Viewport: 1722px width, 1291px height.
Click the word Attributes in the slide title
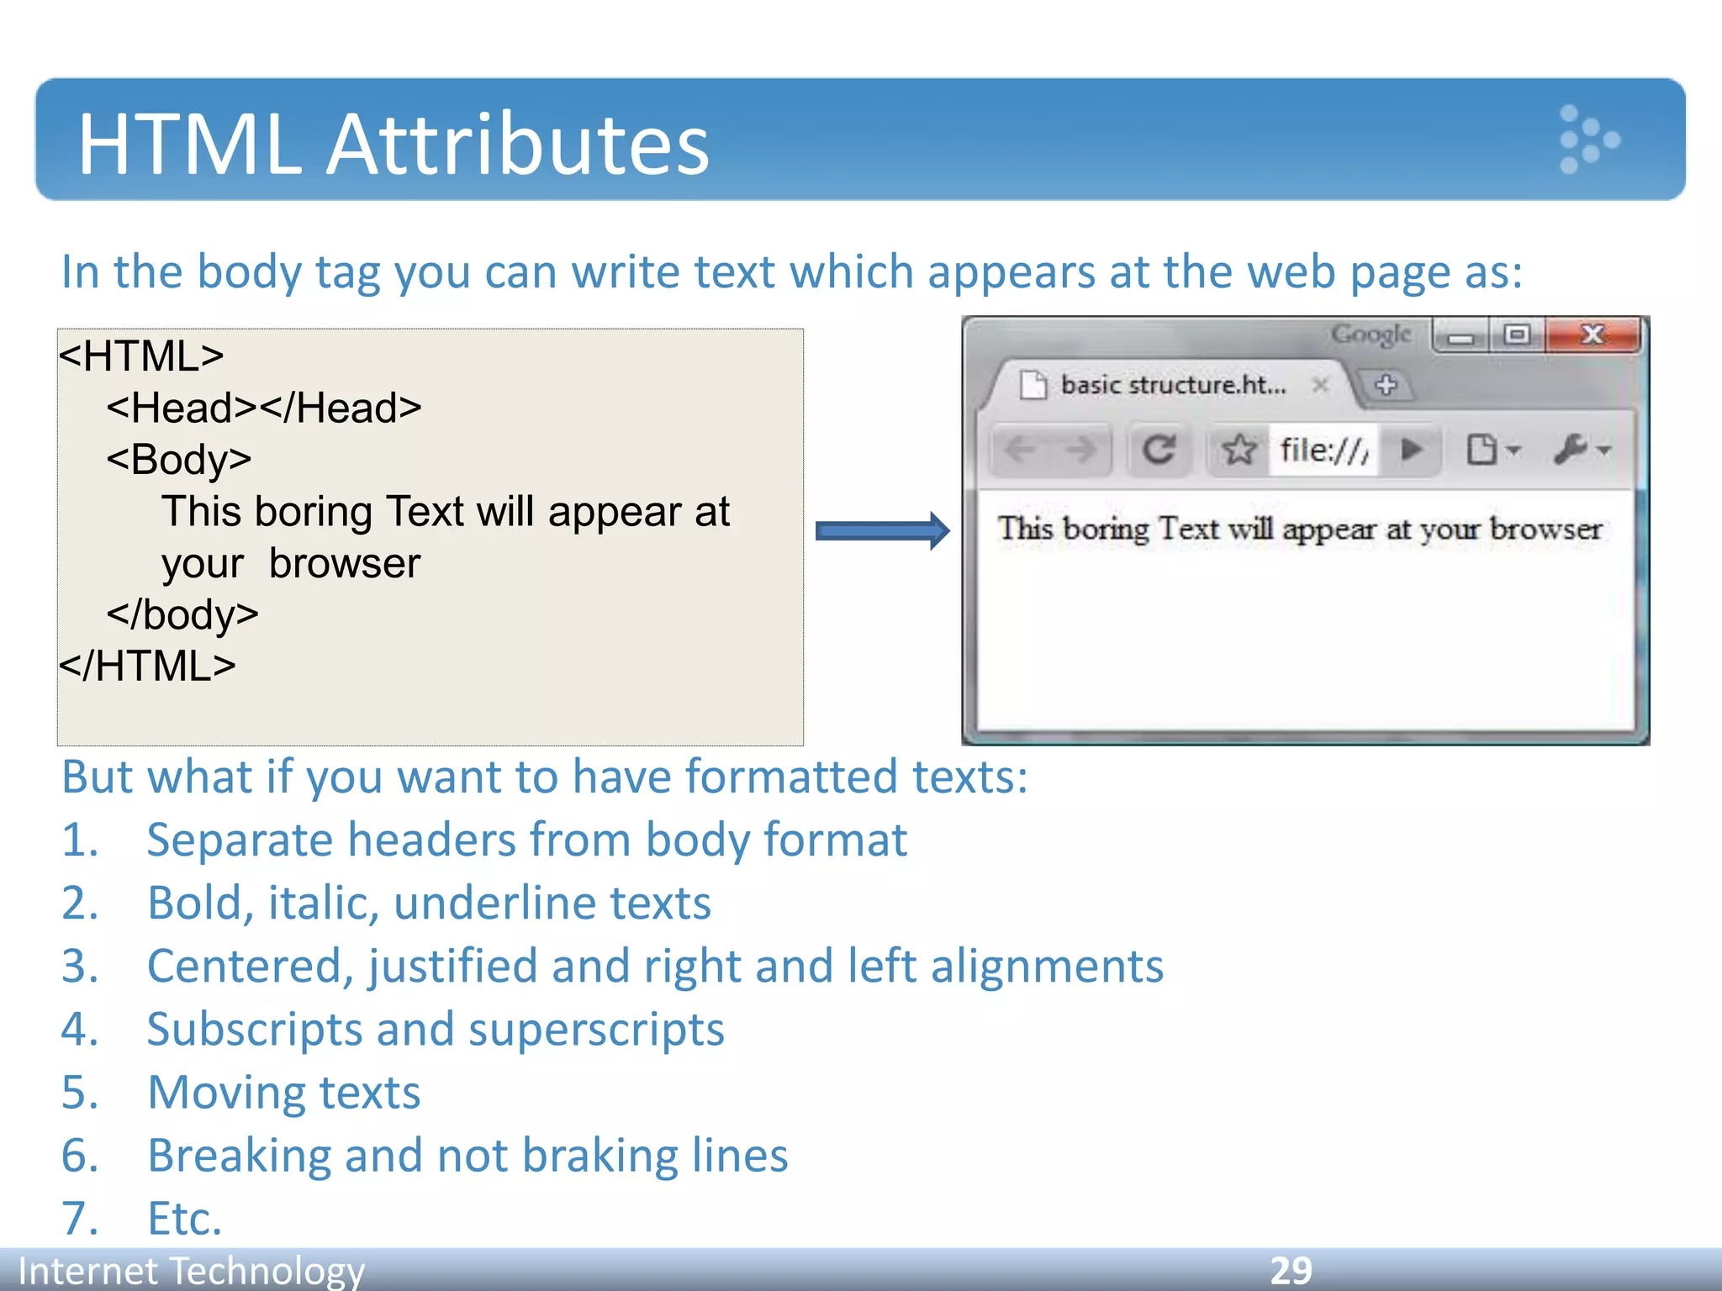(x=517, y=145)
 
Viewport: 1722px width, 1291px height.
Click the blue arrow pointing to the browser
(x=882, y=530)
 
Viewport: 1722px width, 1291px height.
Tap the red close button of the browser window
(x=1593, y=335)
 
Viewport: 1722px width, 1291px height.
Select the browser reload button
(x=1159, y=450)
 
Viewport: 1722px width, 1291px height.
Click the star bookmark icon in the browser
(x=1239, y=450)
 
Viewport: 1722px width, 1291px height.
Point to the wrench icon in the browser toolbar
(x=1571, y=450)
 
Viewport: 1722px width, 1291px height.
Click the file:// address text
(x=1323, y=451)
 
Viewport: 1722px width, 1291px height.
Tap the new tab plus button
(x=1386, y=385)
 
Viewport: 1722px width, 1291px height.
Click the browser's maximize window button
(x=1517, y=335)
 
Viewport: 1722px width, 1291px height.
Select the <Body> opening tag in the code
(x=179, y=460)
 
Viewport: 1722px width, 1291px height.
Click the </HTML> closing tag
(x=147, y=667)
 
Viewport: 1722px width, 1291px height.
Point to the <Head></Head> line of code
(x=264, y=408)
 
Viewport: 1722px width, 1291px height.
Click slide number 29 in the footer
(x=1291, y=1270)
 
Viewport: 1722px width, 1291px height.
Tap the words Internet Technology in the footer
(x=192, y=1270)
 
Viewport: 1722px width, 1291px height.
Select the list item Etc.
(x=185, y=1219)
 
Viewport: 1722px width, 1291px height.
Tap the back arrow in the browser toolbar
(x=1021, y=450)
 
